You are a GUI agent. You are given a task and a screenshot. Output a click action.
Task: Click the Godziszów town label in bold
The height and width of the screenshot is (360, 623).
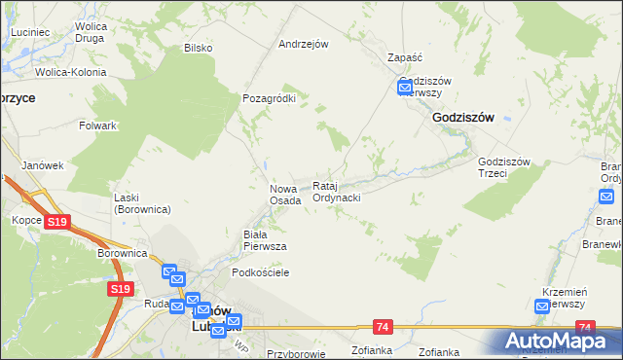pos(462,117)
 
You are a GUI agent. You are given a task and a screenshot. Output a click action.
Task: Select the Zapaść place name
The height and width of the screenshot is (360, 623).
pos(404,57)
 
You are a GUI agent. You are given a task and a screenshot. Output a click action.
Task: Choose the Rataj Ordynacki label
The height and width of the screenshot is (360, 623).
pos(337,192)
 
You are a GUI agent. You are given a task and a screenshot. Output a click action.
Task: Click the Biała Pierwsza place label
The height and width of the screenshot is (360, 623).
pos(264,240)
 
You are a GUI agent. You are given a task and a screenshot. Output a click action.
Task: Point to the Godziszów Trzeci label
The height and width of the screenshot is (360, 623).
pos(503,167)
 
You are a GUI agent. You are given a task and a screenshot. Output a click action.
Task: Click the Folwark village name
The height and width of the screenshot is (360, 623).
pos(98,126)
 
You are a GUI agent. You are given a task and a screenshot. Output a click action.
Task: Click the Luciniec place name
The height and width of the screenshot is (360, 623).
pos(31,32)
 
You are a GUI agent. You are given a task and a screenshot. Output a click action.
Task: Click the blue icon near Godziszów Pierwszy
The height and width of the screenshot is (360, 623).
pos(406,89)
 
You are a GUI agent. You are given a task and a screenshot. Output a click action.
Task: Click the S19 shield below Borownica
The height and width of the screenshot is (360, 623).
pos(120,289)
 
